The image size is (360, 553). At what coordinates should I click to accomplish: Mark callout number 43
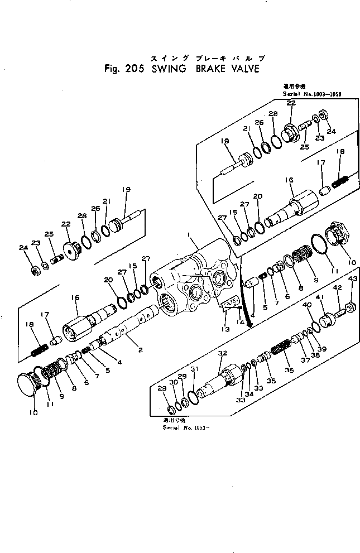point(352,280)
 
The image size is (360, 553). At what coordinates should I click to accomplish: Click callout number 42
point(337,288)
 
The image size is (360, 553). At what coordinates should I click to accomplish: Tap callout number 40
point(306,305)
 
